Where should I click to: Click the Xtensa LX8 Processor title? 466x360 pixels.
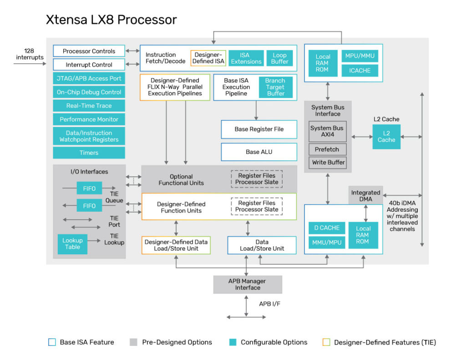click(111, 20)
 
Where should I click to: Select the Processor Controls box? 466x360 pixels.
click(89, 51)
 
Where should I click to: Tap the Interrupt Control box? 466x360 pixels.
click(89, 65)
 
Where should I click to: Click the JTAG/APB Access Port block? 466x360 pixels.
click(89, 78)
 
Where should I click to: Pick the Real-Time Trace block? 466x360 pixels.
click(89, 106)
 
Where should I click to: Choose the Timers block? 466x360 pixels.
click(89, 153)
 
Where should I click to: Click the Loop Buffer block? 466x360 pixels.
click(279, 58)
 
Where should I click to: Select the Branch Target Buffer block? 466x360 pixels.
click(275, 87)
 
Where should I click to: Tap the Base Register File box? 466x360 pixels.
click(259, 129)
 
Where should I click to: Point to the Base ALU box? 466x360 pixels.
click(259, 152)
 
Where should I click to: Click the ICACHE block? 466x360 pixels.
click(360, 71)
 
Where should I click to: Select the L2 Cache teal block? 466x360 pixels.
click(386, 137)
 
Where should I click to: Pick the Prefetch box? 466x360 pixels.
click(327, 149)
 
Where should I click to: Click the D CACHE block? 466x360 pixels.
click(327, 228)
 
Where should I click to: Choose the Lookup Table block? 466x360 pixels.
click(72, 243)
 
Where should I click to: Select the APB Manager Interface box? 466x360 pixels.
click(248, 284)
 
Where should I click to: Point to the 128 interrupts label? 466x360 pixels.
click(30, 54)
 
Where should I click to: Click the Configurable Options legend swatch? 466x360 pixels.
click(233, 342)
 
